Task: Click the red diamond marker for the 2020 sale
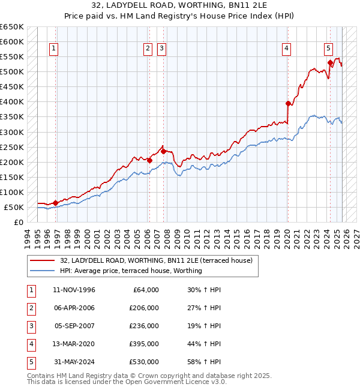[x=288, y=103]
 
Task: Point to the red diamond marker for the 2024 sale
[x=330, y=62]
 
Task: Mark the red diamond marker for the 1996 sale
[x=56, y=203]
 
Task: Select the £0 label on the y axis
[x=18, y=222]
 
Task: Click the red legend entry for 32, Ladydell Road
[x=156, y=260]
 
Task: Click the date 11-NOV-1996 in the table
[x=74, y=290]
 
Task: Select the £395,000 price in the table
[x=144, y=344]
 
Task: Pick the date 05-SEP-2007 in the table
[x=74, y=326]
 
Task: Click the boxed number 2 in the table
[x=30, y=308]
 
